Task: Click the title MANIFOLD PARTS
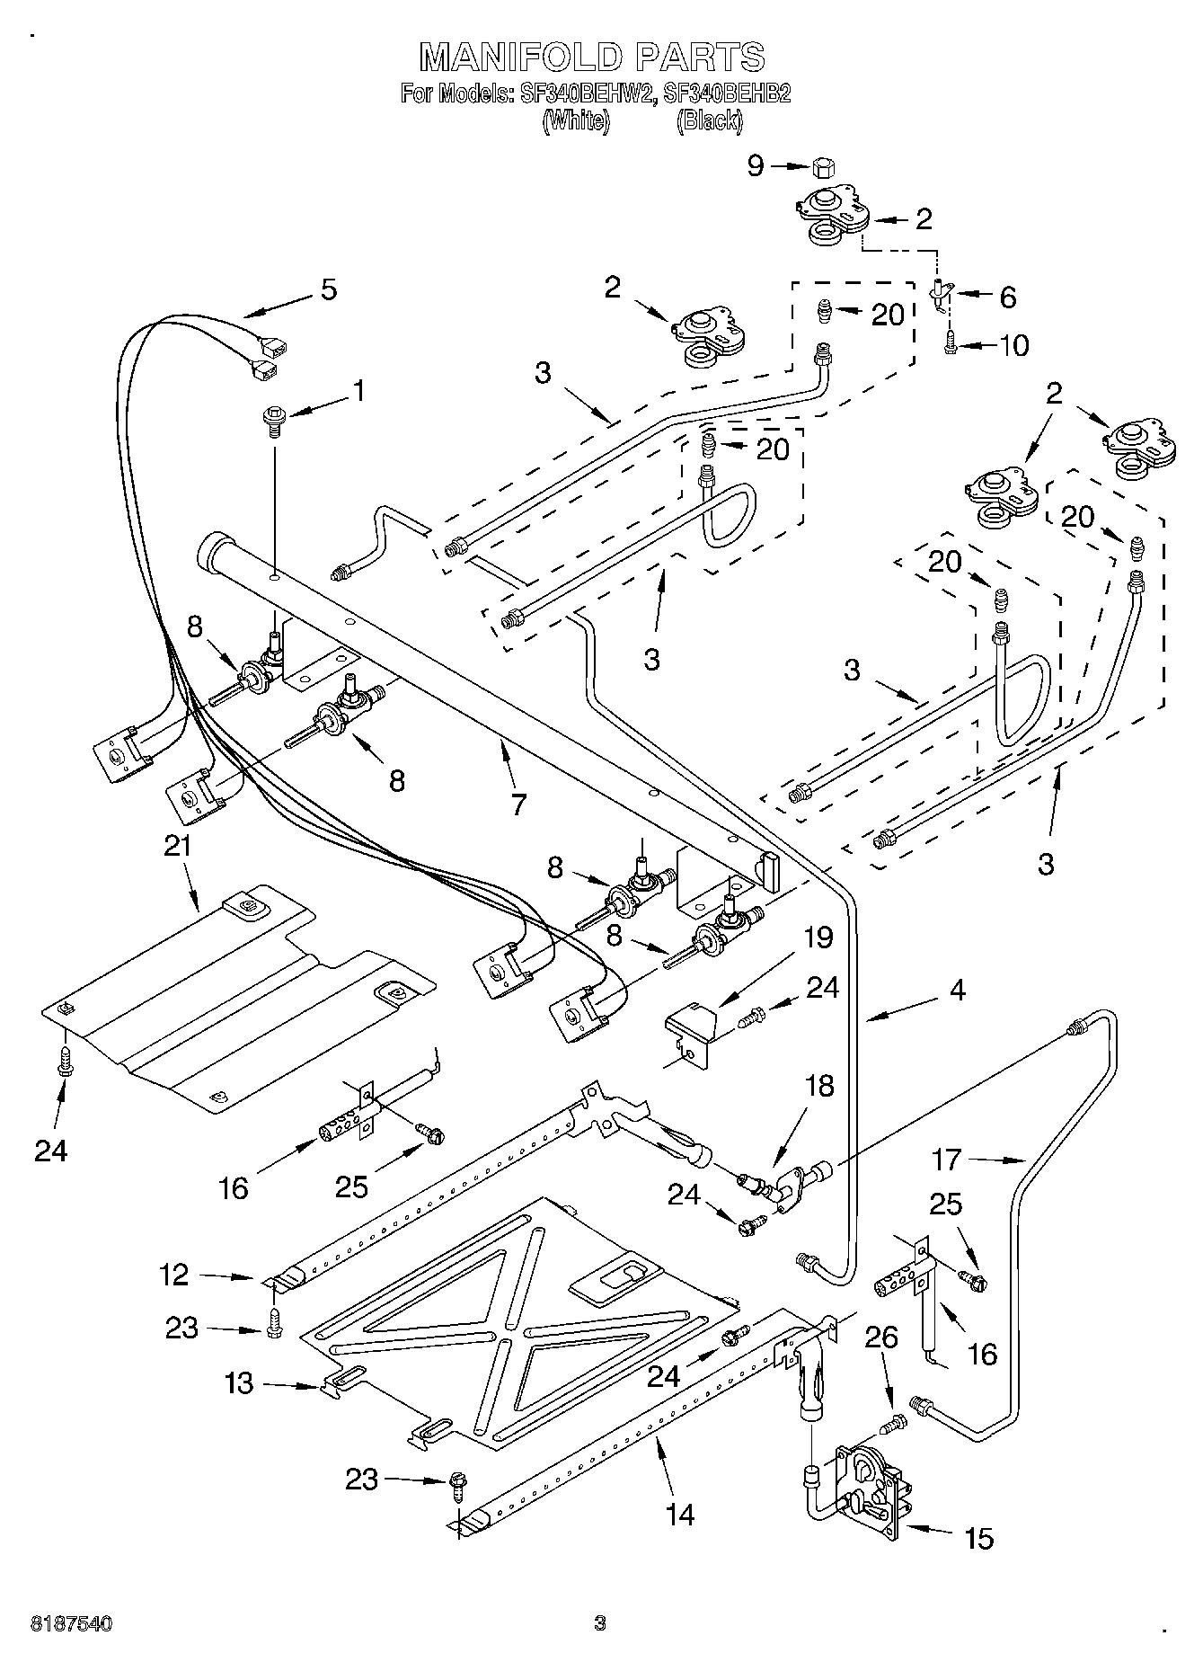(593, 57)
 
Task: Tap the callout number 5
(329, 289)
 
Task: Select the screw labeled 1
(273, 420)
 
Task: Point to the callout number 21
(178, 846)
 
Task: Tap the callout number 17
(947, 1160)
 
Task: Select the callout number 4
(957, 990)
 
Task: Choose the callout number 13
(239, 1382)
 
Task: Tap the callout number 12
(175, 1274)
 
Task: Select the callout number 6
(1007, 297)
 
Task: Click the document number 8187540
(72, 1623)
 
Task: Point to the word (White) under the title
(576, 120)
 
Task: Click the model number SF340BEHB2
(727, 93)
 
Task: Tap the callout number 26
(881, 1337)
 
